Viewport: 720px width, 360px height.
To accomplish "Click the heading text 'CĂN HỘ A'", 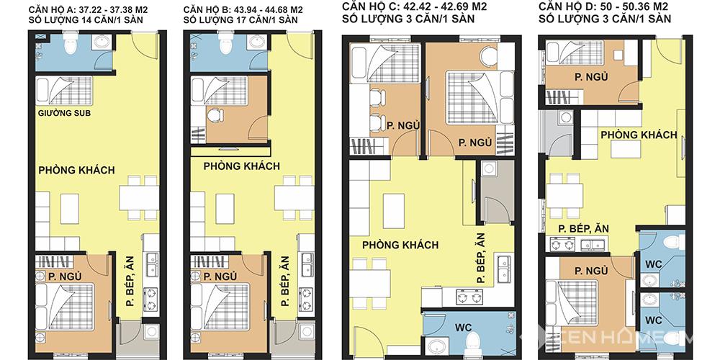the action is [48, 10].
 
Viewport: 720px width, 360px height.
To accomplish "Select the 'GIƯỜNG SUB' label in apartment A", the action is [65, 113].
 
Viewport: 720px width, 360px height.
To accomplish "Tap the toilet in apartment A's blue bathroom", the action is [71, 43].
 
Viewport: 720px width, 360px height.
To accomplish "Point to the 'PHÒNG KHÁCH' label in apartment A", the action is [77, 170].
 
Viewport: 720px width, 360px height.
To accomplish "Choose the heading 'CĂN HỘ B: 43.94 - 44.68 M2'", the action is [243, 10].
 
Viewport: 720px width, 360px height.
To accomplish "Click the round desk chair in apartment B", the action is [214, 114].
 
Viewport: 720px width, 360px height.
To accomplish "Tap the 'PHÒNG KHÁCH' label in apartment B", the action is [242, 166].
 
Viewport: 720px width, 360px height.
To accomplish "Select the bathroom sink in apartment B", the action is [257, 42].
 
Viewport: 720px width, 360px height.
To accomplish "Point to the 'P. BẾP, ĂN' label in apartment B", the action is [285, 281].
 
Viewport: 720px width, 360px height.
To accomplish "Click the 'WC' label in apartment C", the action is [463, 328].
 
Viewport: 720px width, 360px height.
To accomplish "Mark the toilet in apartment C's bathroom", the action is [472, 341].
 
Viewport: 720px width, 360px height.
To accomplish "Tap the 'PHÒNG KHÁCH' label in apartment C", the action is [400, 246].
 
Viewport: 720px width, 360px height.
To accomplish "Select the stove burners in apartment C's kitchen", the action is [469, 297].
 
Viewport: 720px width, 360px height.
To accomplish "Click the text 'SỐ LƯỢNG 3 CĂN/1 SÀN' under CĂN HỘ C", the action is [408, 19].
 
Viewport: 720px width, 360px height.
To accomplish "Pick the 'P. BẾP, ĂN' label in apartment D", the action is [584, 229].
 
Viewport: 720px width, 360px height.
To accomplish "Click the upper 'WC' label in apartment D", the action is [654, 264].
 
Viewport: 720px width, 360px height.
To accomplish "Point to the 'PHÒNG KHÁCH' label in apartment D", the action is [639, 135].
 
